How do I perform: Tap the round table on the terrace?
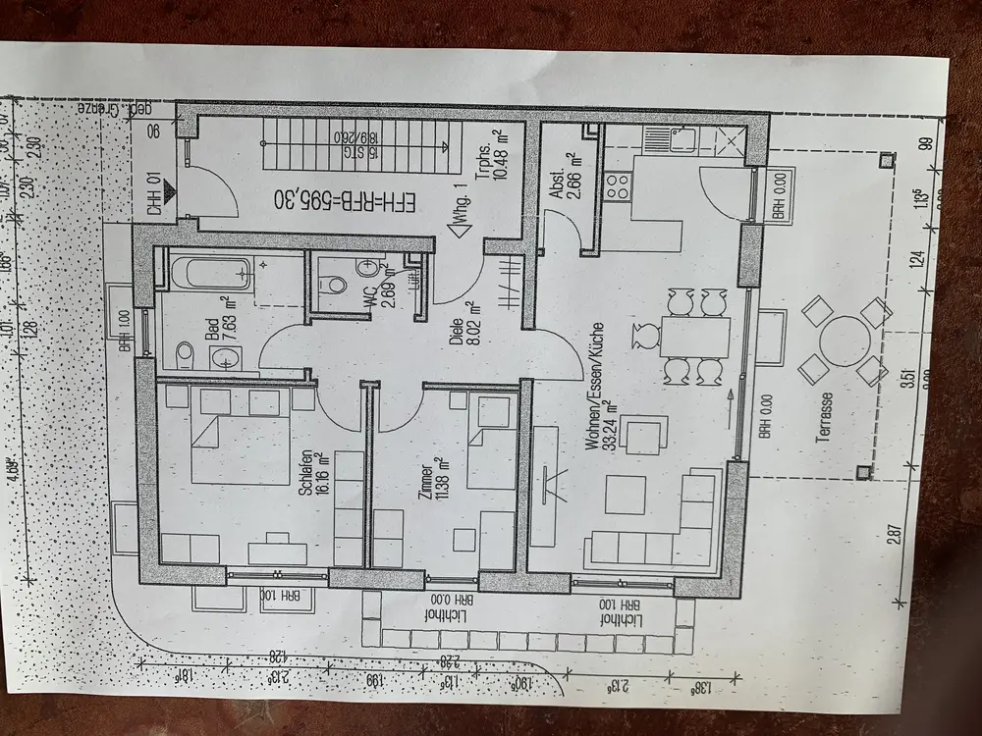click(843, 341)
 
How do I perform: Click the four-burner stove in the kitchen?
click(618, 186)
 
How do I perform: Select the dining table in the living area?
click(693, 336)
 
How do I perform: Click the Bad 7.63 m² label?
click(219, 341)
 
